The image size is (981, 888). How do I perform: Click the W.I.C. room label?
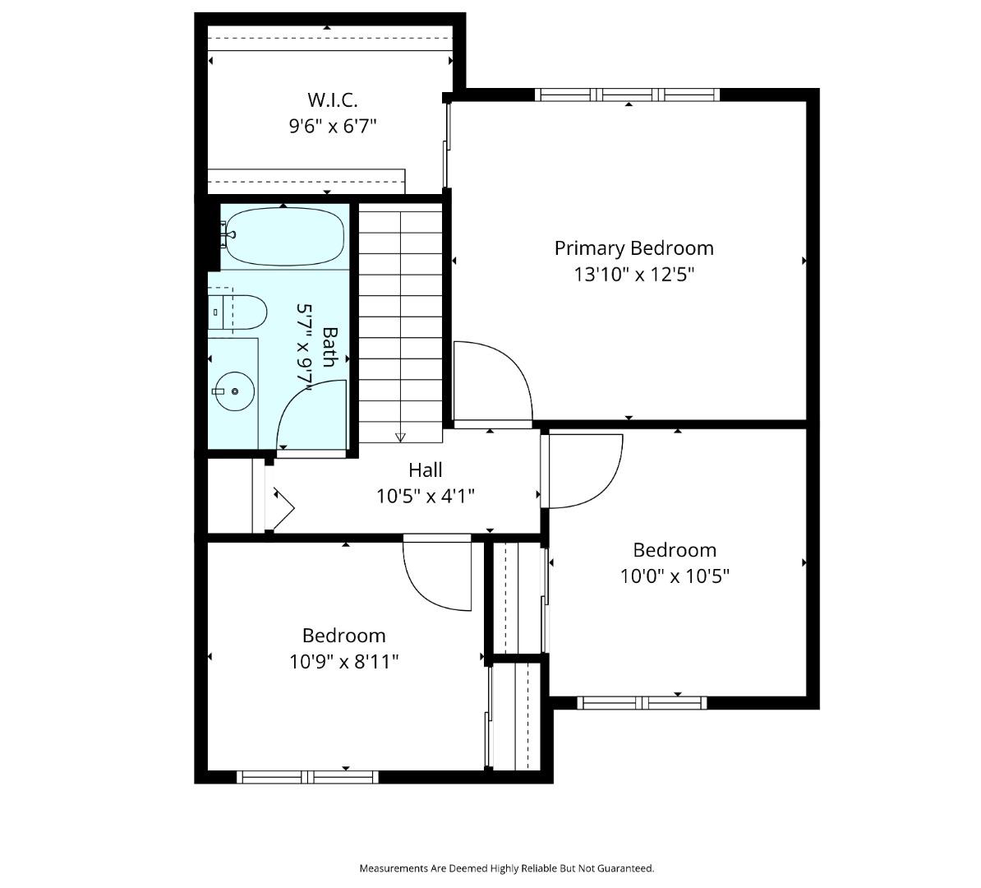point(333,100)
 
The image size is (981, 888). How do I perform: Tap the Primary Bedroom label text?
point(633,248)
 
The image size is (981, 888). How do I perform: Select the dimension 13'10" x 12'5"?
point(633,275)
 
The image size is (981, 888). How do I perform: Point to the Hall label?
point(426,470)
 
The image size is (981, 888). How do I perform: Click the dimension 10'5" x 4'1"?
point(426,496)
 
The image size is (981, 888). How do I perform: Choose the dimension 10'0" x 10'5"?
point(675,576)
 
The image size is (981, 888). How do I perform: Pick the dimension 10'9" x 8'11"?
point(343,661)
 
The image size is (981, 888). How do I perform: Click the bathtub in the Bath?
point(283,238)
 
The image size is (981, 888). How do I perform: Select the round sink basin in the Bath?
point(236,391)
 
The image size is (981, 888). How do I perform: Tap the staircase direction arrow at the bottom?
point(401,437)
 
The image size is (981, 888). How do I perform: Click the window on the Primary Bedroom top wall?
point(628,95)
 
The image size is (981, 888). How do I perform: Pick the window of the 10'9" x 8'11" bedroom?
point(307,777)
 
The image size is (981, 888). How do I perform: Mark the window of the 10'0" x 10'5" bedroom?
point(642,703)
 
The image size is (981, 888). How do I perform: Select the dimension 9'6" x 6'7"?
point(333,127)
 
